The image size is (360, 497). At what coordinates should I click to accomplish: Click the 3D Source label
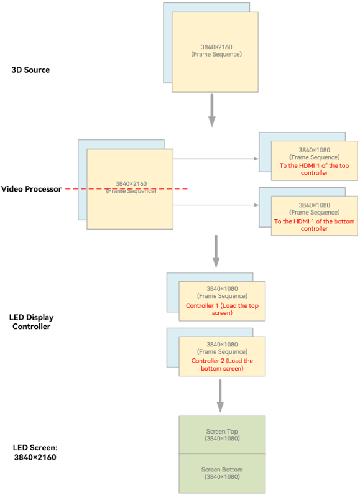pyautogui.click(x=30, y=70)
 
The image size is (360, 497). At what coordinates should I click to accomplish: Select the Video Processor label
pyautogui.click(x=31, y=189)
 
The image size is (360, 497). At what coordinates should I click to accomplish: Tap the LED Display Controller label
pyautogui.click(x=31, y=322)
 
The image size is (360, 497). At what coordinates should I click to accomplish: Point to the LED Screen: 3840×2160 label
pyautogui.click(x=35, y=452)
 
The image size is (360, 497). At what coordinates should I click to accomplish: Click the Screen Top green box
pyautogui.click(x=222, y=435)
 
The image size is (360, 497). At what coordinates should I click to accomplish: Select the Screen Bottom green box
pyautogui.click(x=222, y=473)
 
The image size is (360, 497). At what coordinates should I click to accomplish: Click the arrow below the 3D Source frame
pyautogui.click(x=212, y=110)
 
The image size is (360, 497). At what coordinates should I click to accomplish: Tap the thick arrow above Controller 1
pyautogui.click(x=216, y=251)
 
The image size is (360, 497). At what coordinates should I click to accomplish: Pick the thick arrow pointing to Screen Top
pyautogui.click(x=220, y=396)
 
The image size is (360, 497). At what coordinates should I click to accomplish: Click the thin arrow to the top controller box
pyautogui.click(x=216, y=159)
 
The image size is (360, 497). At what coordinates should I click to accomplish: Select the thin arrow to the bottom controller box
pyautogui.click(x=216, y=205)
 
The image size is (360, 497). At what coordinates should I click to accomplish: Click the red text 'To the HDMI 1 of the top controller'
pyautogui.click(x=315, y=169)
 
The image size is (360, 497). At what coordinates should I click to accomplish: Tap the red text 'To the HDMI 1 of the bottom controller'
pyautogui.click(x=315, y=225)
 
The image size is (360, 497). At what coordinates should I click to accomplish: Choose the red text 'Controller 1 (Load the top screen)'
pyautogui.click(x=222, y=309)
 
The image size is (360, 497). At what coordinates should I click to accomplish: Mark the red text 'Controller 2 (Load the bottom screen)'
pyautogui.click(x=222, y=365)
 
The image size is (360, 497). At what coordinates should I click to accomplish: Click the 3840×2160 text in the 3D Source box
pyautogui.click(x=216, y=47)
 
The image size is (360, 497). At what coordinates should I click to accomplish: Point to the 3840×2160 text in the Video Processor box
pyautogui.click(x=131, y=184)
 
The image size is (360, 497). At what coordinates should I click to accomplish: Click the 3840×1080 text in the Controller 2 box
pyautogui.click(x=222, y=344)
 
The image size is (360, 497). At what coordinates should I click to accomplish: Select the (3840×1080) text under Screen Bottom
pyautogui.click(x=222, y=476)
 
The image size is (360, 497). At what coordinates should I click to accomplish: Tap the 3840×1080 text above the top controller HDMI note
pyautogui.click(x=315, y=150)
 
